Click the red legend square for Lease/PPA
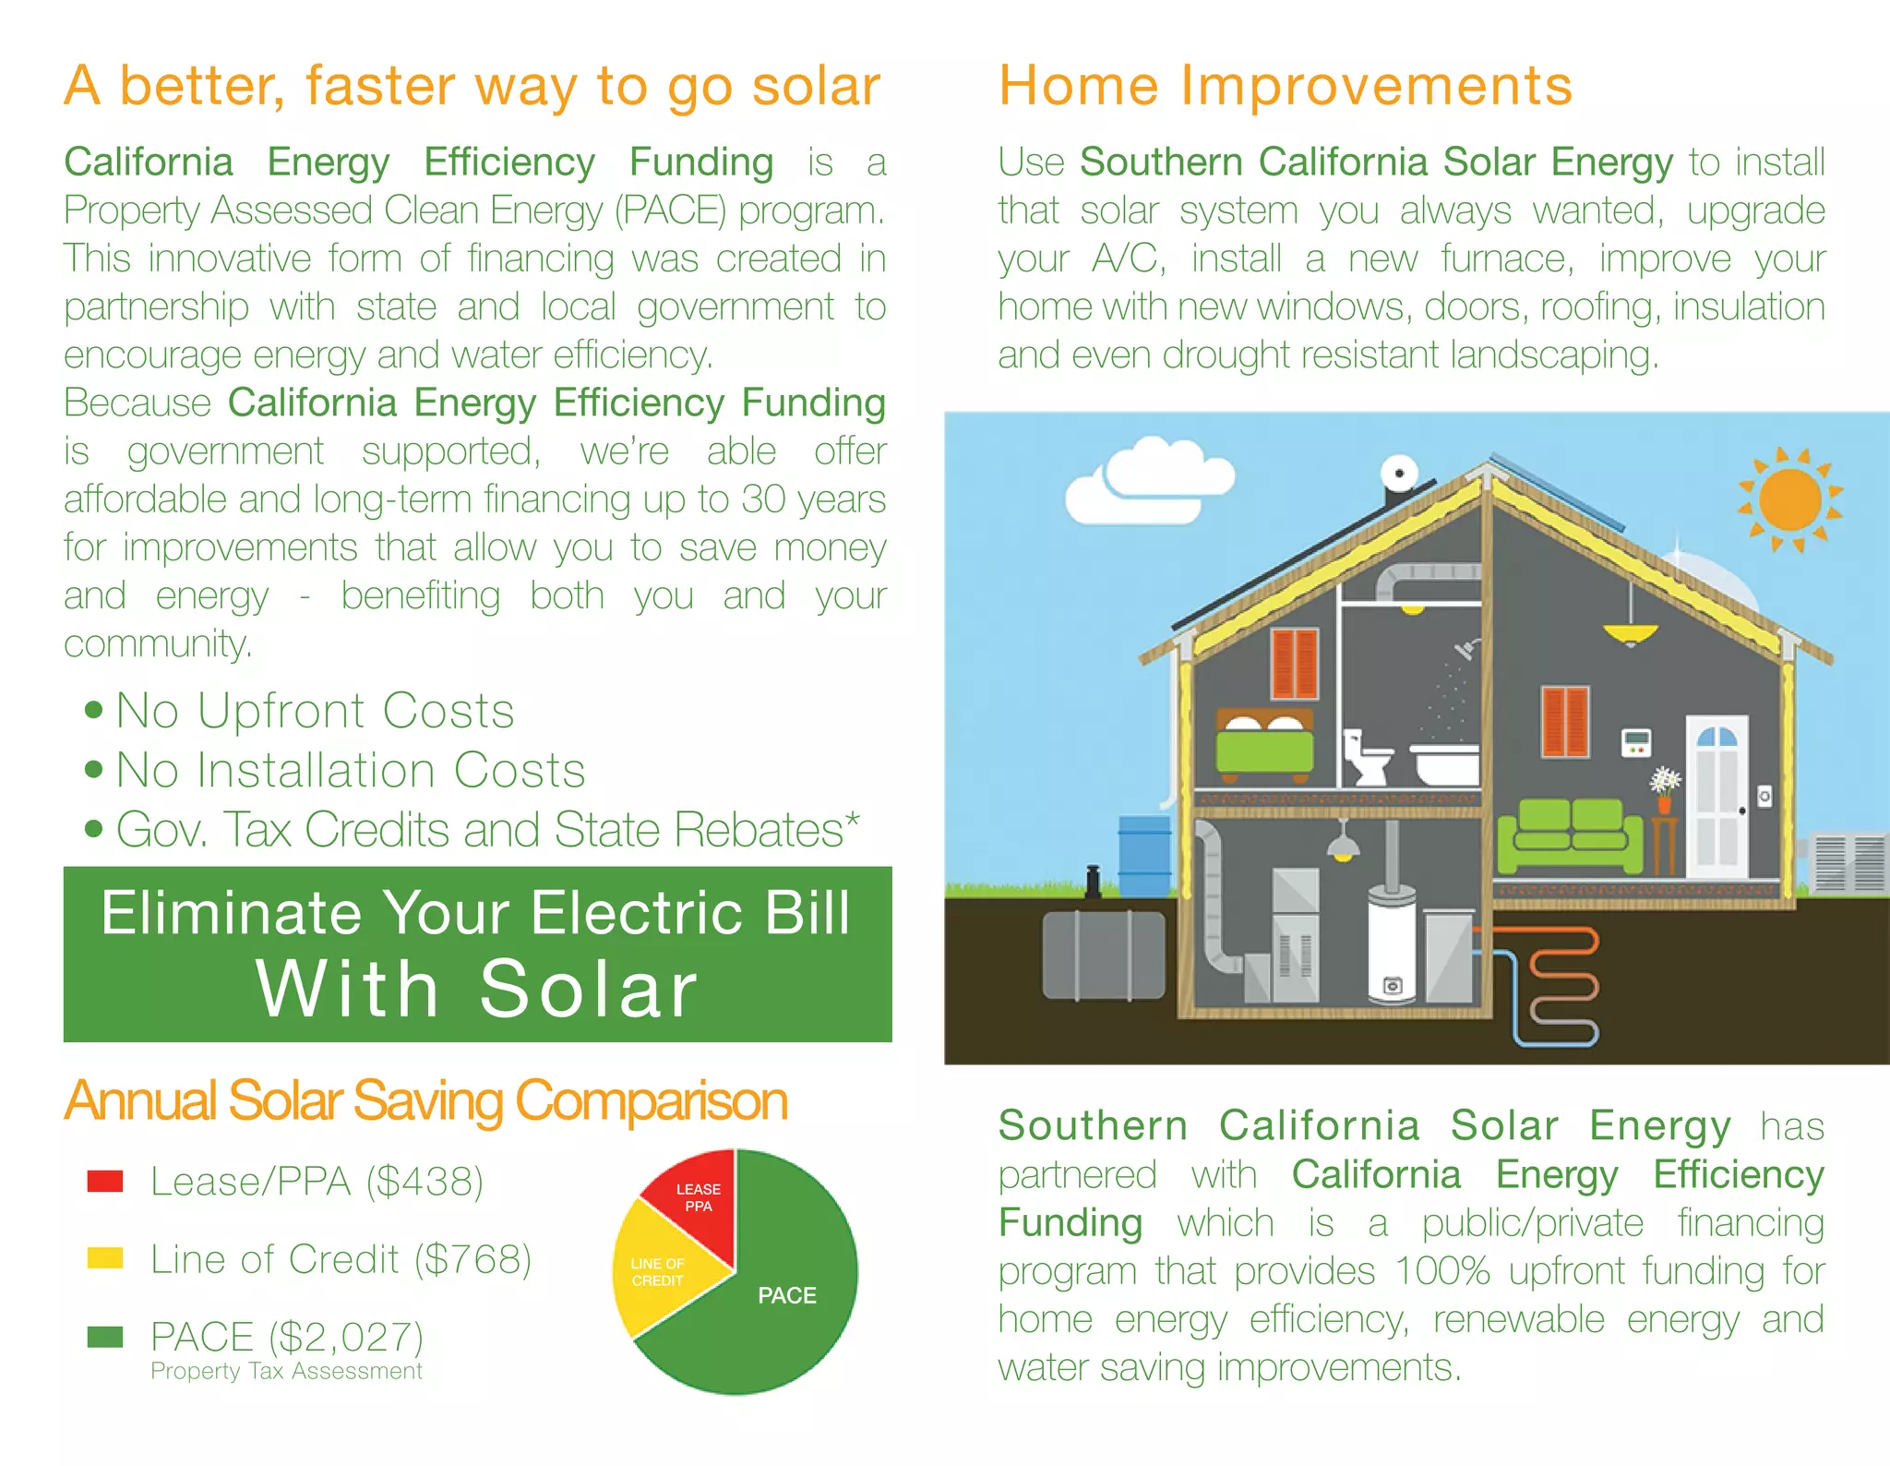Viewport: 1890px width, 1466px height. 104,1182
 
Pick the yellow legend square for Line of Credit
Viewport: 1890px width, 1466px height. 104,1258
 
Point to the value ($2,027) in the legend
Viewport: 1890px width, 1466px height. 346,1337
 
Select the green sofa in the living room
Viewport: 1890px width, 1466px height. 1569,835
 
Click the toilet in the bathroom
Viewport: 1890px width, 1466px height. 1365,757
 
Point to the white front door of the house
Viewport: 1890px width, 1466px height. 1717,799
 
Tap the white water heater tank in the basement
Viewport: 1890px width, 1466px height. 1392,946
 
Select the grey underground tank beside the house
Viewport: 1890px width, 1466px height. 1103,955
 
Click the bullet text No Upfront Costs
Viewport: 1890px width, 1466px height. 315,711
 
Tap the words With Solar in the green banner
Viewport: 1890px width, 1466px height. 477,990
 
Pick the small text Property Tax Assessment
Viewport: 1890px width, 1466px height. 286,1371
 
